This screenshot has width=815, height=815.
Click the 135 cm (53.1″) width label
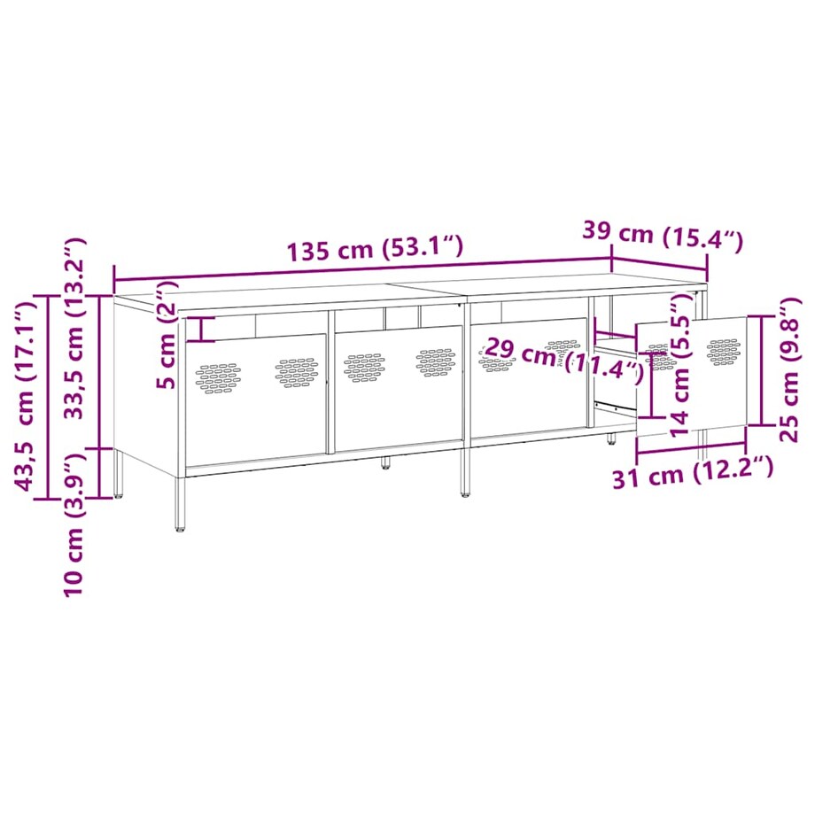point(374,249)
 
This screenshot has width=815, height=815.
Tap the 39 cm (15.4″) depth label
point(662,235)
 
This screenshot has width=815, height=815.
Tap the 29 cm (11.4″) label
point(563,359)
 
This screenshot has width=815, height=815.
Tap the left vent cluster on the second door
point(364,367)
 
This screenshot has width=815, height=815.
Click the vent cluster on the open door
point(724,350)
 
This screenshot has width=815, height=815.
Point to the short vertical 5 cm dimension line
point(203,329)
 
